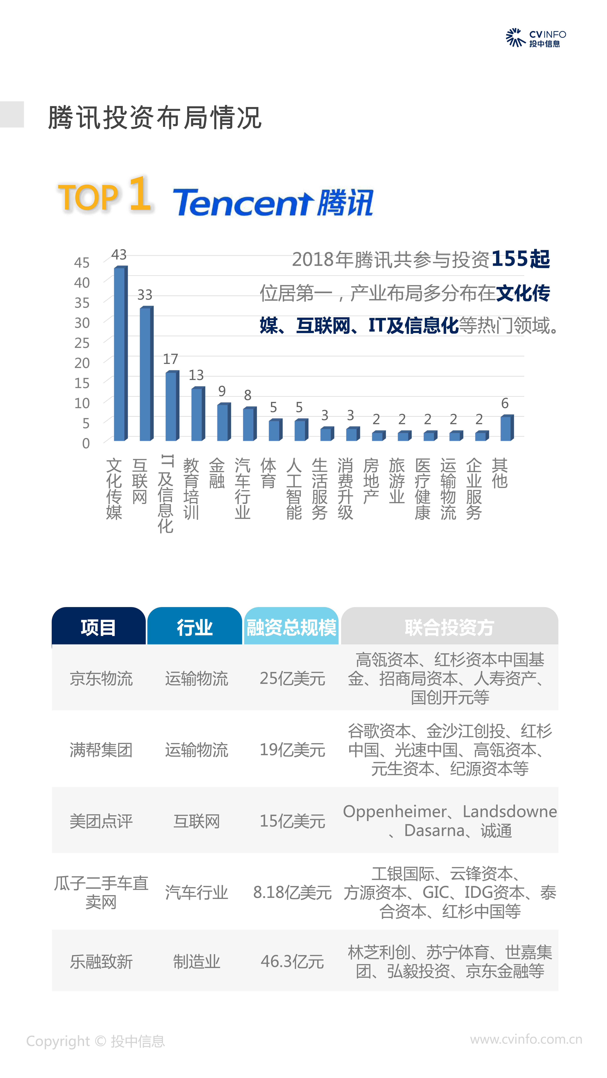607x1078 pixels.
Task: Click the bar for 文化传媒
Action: coord(120,354)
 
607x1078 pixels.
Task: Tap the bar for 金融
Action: coord(223,422)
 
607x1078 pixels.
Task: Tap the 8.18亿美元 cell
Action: coord(292,892)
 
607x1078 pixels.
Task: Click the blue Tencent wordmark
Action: coord(243,203)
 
